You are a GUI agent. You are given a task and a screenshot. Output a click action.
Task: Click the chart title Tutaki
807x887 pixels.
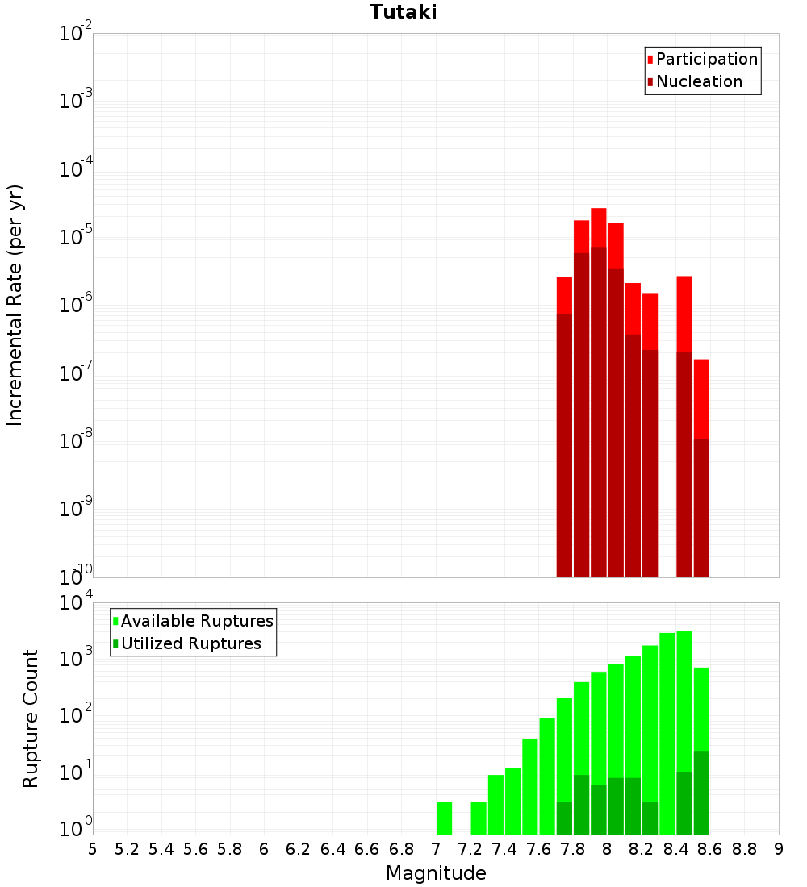(x=403, y=12)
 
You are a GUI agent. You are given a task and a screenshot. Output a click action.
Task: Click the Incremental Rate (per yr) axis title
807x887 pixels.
(x=15, y=305)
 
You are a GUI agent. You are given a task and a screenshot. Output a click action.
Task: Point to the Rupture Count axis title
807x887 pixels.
(x=31, y=718)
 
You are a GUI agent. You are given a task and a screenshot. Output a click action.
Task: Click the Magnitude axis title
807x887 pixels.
(x=436, y=872)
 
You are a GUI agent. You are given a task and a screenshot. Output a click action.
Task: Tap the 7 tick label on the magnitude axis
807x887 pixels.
(x=436, y=849)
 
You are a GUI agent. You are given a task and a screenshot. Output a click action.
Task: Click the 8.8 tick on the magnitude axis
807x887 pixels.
(x=744, y=849)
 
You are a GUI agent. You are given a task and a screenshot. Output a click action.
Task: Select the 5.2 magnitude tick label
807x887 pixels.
(x=128, y=849)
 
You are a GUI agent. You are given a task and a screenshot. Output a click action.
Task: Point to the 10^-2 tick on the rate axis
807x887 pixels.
(x=76, y=34)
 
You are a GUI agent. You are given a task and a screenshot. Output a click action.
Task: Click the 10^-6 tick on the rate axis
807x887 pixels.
(x=76, y=305)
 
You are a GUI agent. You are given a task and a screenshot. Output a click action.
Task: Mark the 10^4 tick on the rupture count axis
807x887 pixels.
(x=76, y=603)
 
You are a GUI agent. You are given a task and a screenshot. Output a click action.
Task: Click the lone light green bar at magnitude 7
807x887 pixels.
(x=444, y=818)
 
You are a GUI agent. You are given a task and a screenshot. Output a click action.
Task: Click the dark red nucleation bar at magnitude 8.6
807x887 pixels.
(x=701, y=508)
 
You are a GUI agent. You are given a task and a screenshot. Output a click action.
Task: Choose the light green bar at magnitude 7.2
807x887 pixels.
(x=479, y=818)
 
